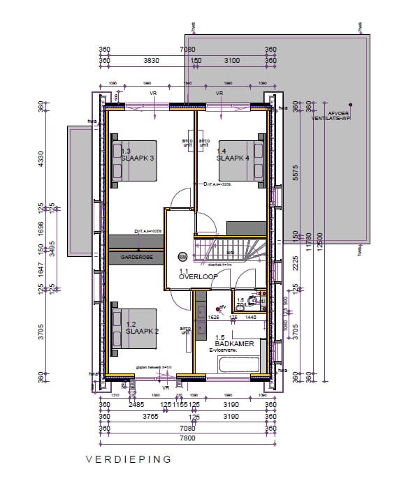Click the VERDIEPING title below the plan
[128, 460]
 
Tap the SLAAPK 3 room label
[138, 158]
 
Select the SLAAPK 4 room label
[233, 158]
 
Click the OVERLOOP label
[198, 276]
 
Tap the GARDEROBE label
[136, 257]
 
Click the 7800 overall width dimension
[187, 438]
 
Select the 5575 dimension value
[296, 171]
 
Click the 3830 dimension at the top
[152, 61]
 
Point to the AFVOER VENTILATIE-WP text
[331, 116]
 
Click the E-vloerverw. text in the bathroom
[225, 351]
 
